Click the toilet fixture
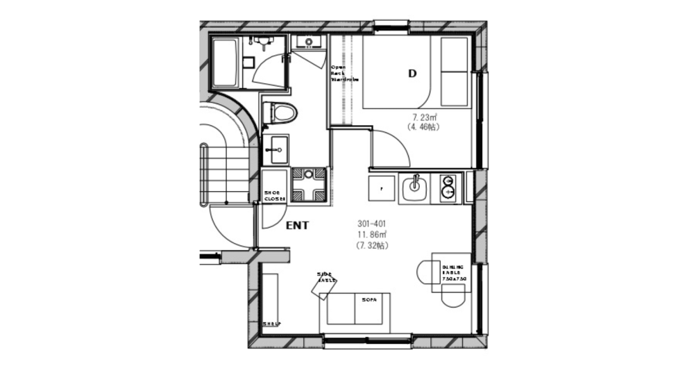click(x=282, y=111)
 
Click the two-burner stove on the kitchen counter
click(x=448, y=188)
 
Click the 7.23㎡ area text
click(x=423, y=117)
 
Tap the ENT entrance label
click(x=297, y=226)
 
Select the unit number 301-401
click(x=372, y=224)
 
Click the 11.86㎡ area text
click(x=372, y=235)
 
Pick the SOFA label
click(x=368, y=300)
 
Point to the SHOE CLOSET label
click(x=275, y=196)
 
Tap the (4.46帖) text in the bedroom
click(x=423, y=127)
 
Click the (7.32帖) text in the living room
click(x=372, y=245)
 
